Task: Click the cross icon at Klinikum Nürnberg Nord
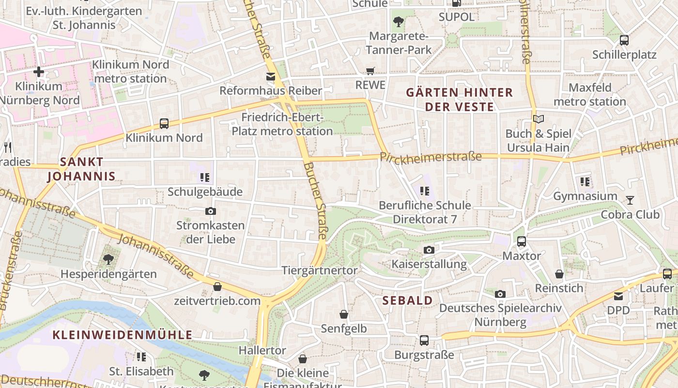(39, 72)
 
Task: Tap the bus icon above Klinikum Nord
(164, 124)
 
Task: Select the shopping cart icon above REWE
(370, 71)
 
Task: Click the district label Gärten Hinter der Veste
(459, 99)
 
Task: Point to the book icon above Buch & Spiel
(538, 119)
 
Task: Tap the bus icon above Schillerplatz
(624, 40)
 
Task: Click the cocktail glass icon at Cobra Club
(630, 200)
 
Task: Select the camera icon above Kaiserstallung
(429, 250)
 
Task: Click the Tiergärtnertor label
(320, 271)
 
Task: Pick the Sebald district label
(408, 301)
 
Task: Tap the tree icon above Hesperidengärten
(108, 259)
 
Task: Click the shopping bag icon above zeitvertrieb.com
(217, 287)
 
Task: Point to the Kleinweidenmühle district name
(123, 335)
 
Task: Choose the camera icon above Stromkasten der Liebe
(211, 211)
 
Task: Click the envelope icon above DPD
(618, 296)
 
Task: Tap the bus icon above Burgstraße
(424, 340)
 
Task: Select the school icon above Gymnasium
(585, 182)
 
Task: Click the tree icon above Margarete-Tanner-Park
(399, 22)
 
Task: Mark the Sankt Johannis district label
(81, 169)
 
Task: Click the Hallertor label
(262, 350)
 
